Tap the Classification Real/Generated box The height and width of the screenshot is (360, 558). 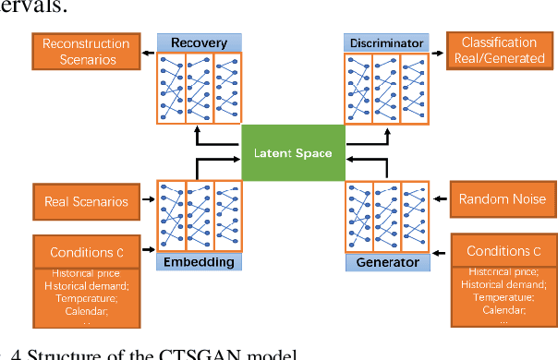498,50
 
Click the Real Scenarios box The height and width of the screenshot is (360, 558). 87,200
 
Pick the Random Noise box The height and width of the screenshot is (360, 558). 503,199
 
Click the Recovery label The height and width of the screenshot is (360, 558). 200,42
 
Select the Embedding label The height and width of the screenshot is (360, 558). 200,262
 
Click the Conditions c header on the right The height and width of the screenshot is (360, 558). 503,251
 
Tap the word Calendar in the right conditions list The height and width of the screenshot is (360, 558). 503,310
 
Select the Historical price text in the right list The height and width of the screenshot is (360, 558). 503,273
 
